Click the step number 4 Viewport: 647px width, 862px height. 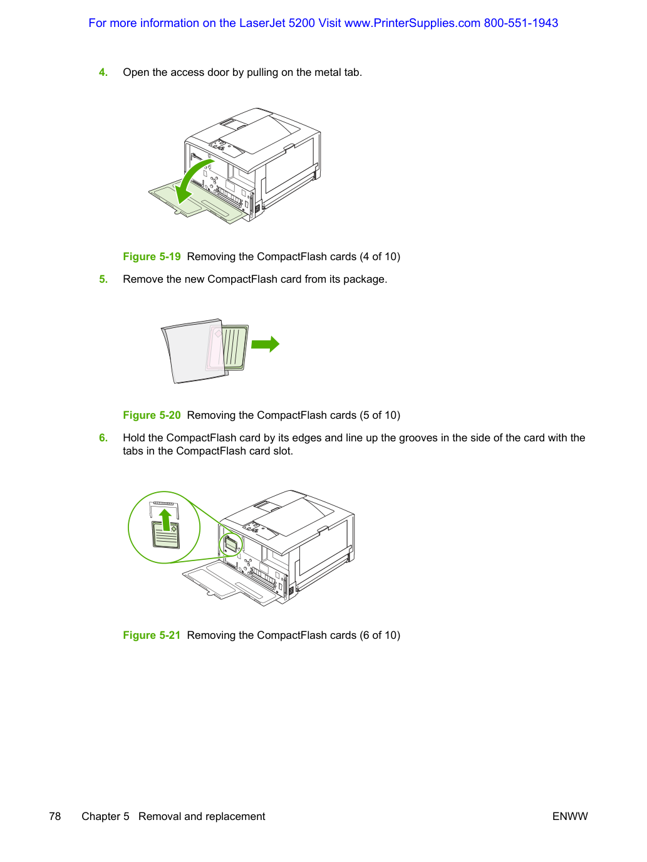tap(103, 73)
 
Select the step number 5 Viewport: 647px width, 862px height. tap(103, 279)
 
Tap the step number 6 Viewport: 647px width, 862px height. tap(103, 438)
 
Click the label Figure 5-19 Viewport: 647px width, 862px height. tap(152, 256)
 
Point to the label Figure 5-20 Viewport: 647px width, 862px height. tap(152, 415)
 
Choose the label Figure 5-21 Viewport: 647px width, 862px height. tap(152, 635)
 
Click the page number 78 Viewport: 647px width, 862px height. tap(55, 816)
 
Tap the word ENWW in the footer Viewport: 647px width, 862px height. tap(570, 816)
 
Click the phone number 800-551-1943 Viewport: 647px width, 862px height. tap(520, 23)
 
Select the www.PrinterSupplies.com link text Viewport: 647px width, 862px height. tap(412, 23)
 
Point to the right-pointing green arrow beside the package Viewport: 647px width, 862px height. tap(265, 344)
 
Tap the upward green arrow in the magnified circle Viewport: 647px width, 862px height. tap(165, 520)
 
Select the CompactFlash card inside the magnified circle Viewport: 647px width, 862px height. tap(165, 535)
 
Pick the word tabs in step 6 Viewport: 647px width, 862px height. tap(133, 451)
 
